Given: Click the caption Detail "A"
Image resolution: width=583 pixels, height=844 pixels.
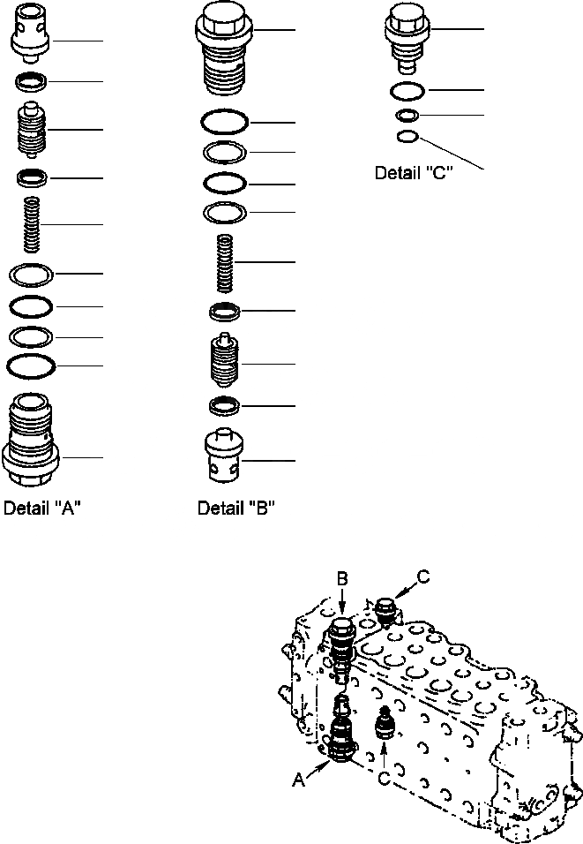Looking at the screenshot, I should pyautogui.click(x=43, y=509).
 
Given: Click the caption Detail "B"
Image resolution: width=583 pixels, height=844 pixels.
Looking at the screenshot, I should pyautogui.click(x=236, y=509).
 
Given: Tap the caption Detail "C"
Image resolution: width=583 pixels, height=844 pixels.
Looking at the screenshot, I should pyautogui.click(x=414, y=173).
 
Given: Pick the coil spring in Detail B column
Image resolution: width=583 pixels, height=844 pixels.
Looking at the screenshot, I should pyautogui.click(x=225, y=262).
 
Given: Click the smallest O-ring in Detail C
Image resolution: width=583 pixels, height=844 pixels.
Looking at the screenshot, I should pyautogui.click(x=407, y=136).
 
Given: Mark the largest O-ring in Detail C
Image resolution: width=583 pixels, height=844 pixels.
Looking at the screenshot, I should pyautogui.click(x=407, y=91).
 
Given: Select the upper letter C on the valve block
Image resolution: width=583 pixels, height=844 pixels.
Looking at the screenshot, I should pyautogui.click(x=422, y=578).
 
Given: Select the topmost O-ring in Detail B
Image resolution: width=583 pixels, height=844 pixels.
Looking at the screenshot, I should pyautogui.click(x=225, y=121).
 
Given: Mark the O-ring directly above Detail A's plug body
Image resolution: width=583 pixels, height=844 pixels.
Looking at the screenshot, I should pyautogui.click(x=31, y=365).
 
